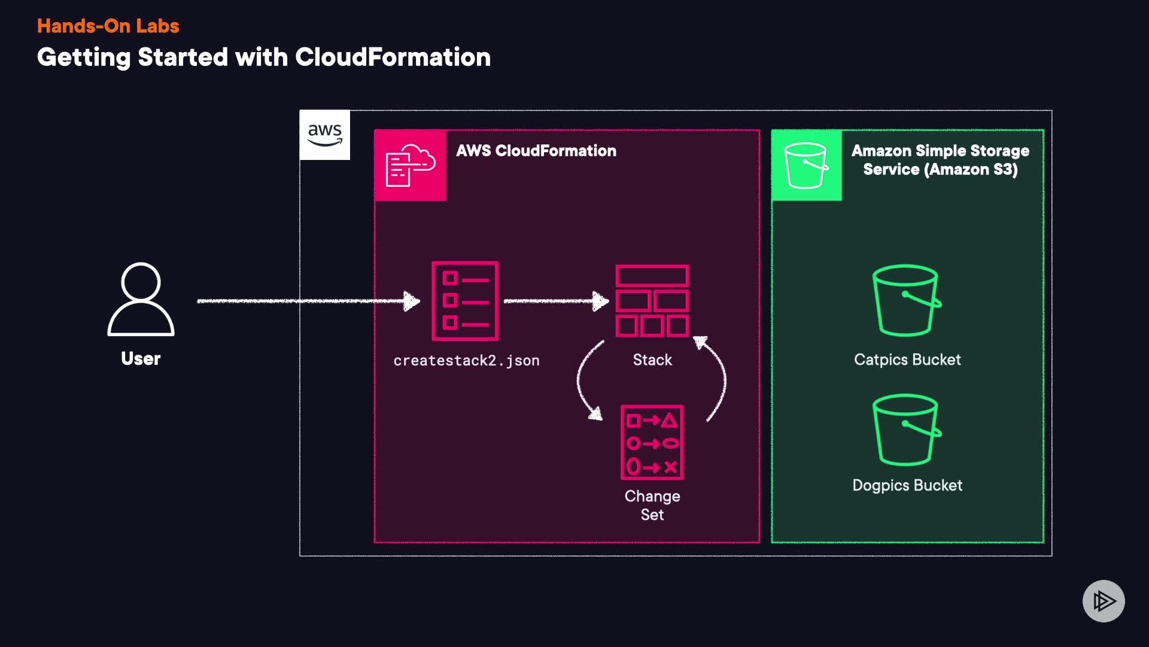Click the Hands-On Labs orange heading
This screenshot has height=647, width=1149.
(x=108, y=26)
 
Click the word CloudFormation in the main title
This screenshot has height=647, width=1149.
(x=393, y=58)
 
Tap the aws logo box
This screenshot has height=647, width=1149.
(x=324, y=135)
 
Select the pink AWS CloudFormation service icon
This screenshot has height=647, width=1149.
(x=411, y=165)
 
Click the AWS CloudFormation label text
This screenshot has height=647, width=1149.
(x=536, y=150)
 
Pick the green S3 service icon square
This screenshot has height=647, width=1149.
(x=806, y=165)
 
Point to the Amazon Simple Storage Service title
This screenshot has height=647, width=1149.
(x=940, y=160)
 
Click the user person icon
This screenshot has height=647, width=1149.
(x=141, y=300)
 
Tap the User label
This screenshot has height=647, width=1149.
(x=141, y=358)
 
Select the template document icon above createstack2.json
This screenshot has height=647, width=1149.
(x=465, y=301)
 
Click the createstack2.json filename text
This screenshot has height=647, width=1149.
(x=466, y=361)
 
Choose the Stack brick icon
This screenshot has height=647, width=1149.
(x=652, y=301)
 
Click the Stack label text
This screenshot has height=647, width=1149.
(x=652, y=359)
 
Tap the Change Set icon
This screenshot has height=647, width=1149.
(x=652, y=443)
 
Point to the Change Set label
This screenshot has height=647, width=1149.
(x=652, y=505)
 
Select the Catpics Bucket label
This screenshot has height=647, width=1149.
(x=907, y=359)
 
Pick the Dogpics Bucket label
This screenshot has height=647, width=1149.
(x=907, y=485)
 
